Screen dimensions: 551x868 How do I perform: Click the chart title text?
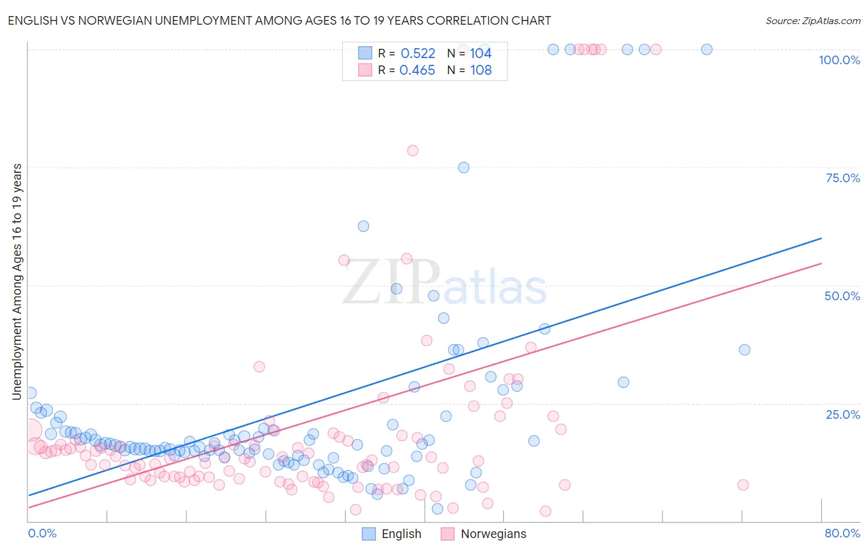[279, 21]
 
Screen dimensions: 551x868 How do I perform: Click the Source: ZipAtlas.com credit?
[812, 21]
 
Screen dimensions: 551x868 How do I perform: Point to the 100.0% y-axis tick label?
[839, 60]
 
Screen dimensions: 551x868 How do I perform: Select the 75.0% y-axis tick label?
[843, 178]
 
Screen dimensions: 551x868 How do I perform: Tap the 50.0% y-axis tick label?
[842, 296]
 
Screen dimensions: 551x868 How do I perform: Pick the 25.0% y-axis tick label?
[843, 414]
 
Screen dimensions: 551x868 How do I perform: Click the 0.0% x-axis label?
[42, 533]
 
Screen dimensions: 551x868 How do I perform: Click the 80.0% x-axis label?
[842, 533]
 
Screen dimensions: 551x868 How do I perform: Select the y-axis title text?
[17, 281]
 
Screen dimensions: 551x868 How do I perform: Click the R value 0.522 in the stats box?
[418, 54]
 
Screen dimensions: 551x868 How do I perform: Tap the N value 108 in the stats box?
[481, 70]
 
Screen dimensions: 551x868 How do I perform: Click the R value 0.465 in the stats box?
[417, 70]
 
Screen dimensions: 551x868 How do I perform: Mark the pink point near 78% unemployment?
[412, 151]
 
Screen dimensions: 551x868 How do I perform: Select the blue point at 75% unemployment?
[464, 167]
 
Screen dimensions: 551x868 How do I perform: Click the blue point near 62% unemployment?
[364, 226]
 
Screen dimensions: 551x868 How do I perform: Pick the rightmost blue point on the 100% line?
[707, 49]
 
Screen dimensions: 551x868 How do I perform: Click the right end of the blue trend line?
[821, 238]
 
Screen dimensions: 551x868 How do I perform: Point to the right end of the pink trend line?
[821, 264]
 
